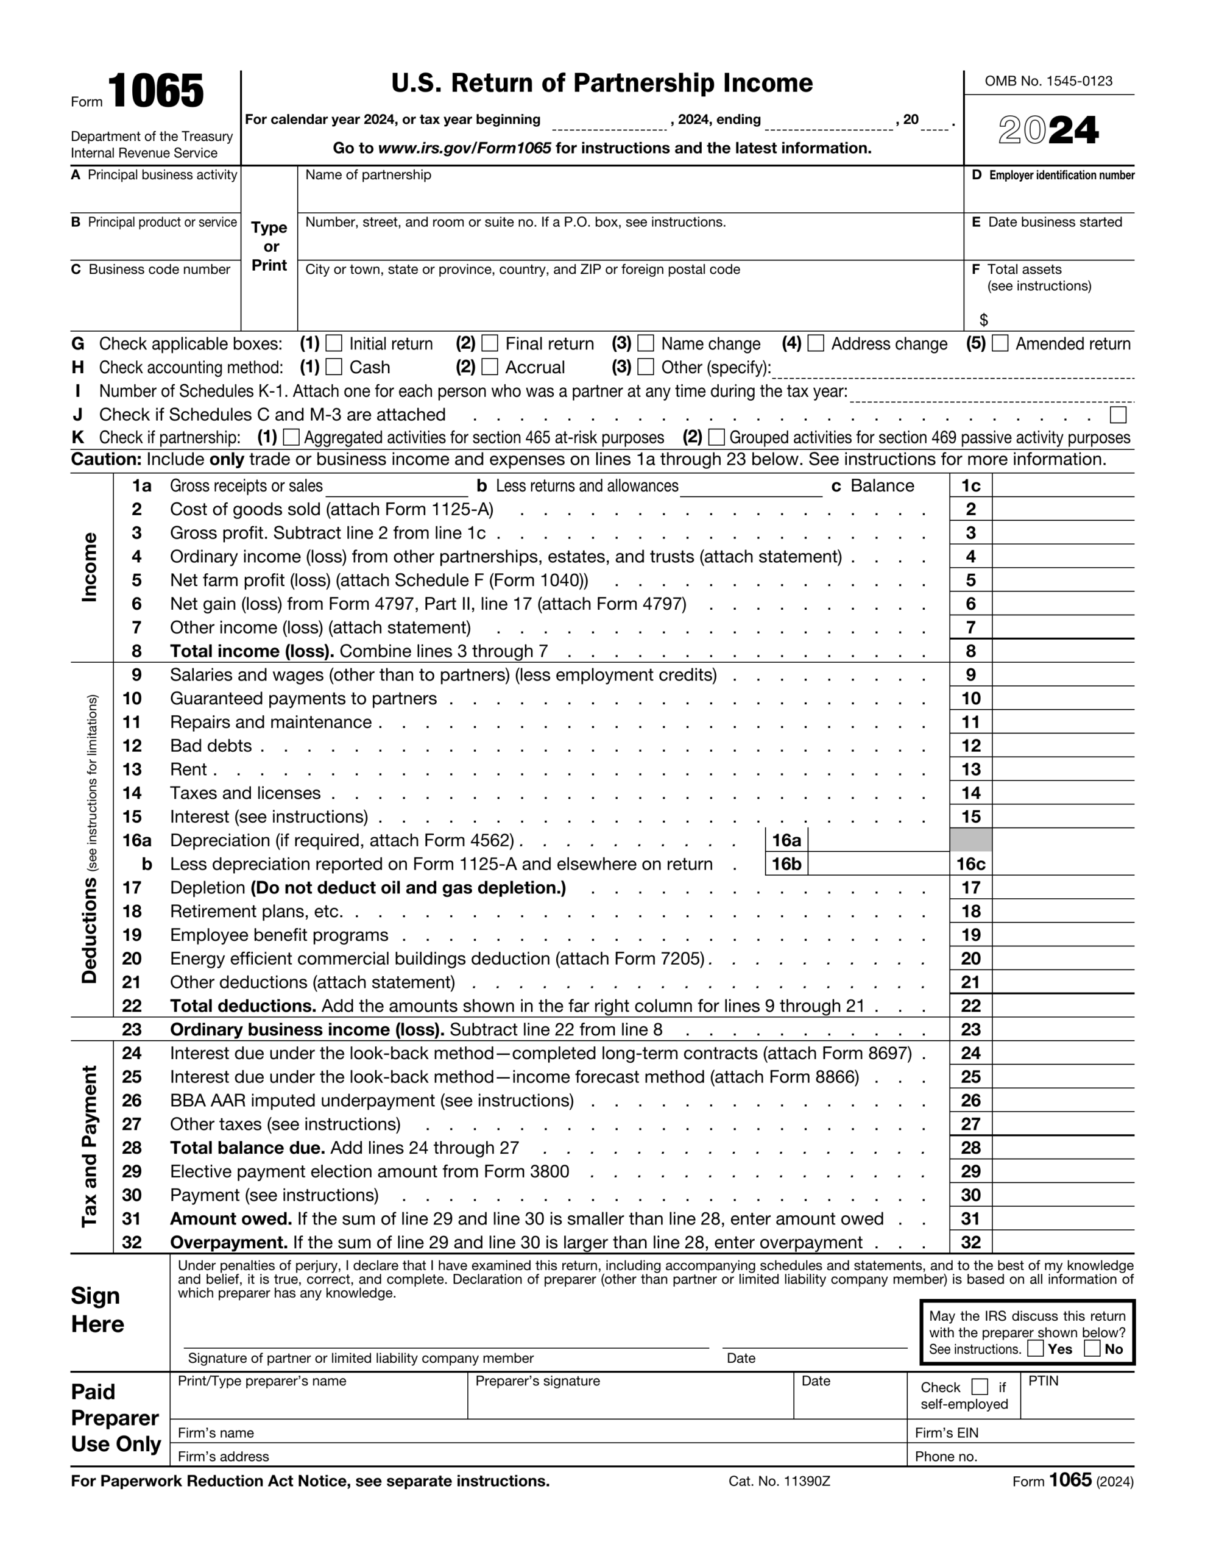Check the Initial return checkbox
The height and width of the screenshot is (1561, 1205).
click(334, 343)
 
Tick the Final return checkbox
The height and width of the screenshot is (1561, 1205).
click(489, 343)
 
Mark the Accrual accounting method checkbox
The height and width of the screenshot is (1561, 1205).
click(489, 366)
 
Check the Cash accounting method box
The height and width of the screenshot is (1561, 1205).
click(334, 366)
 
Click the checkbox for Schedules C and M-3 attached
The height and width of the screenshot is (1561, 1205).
click(1118, 415)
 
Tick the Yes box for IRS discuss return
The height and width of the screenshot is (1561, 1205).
click(1035, 1349)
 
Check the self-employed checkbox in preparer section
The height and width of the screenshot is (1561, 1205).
click(980, 1387)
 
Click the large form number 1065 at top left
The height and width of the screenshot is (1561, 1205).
click(156, 91)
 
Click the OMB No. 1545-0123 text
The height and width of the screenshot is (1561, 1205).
click(1048, 80)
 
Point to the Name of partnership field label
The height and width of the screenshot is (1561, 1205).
click(368, 175)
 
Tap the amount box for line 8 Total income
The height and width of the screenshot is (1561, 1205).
click(1062, 651)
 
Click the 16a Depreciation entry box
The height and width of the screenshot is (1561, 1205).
click(878, 840)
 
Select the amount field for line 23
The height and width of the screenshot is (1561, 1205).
click(1062, 1029)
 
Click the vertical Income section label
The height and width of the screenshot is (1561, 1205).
click(90, 568)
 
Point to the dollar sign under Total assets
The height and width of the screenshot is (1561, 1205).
click(984, 320)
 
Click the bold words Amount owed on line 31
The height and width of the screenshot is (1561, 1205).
click(231, 1219)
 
